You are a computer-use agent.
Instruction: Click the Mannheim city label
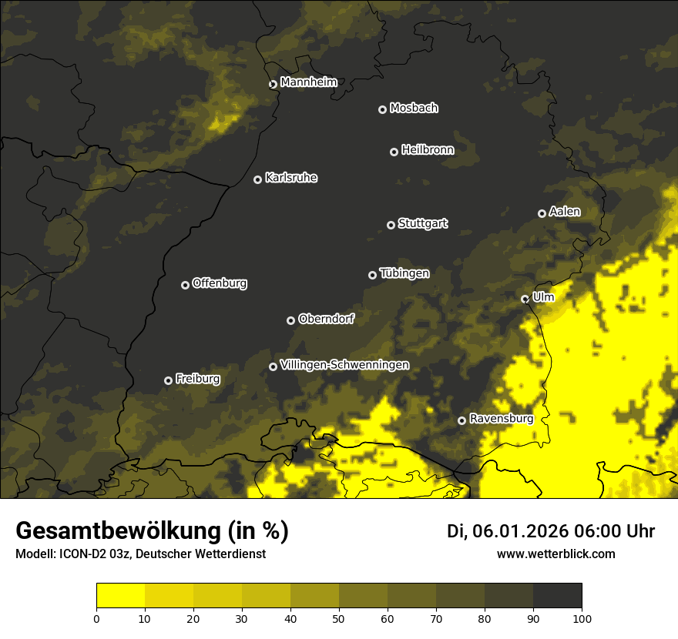tap(308, 82)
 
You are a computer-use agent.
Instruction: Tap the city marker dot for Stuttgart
tap(391, 225)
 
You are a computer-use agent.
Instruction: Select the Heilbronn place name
tap(428, 150)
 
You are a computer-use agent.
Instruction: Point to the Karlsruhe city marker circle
tap(257, 179)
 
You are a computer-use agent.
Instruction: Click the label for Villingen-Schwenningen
tap(344, 365)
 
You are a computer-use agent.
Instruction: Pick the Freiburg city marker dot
tap(168, 380)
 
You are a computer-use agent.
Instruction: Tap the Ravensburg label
tap(502, 419)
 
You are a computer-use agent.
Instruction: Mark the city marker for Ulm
tap(525, 299)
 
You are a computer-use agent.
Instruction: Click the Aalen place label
tap(565, 212)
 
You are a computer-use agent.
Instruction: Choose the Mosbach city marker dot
tap(381, 109)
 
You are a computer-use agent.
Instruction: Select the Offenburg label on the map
tap(220, 283)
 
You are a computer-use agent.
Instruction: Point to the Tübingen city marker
tap(372, 275)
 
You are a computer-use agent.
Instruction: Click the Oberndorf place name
tap(326, 319)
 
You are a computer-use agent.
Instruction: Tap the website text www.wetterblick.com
tap(555, 554)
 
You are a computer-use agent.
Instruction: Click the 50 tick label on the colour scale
tap(339, 617)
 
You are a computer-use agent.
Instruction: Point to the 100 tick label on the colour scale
tap(582, 617)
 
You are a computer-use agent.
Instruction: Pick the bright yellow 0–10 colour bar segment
tap(121, 596)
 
